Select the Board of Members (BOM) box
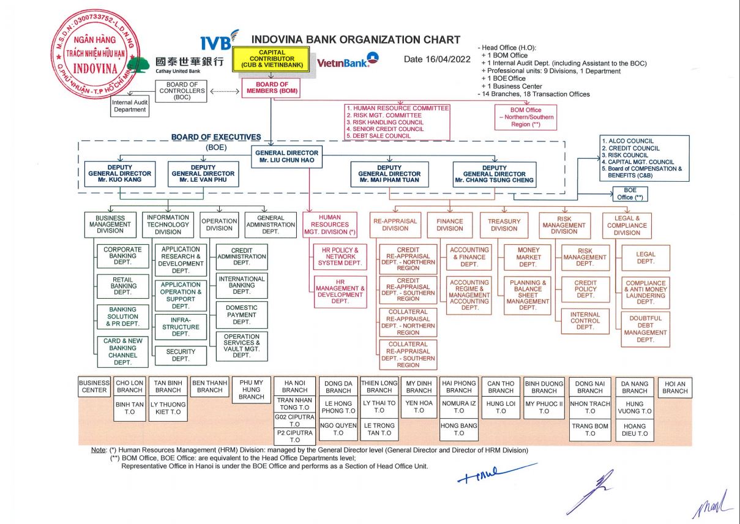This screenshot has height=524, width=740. click(x=272, y=88)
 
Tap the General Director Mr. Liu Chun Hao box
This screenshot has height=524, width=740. click(x=286, y=157)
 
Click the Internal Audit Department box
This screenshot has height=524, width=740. click(x=130, y=107)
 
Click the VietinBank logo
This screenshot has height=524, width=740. click(x=348, y=61)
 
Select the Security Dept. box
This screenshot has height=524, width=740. click(x=181, y=355)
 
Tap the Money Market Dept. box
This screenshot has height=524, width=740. click(x=528, y=257)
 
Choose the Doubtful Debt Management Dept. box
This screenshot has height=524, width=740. click(x=645, y=329)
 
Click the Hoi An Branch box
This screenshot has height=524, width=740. click(x=675, y=387)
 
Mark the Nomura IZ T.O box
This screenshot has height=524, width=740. click(x=459, y=407)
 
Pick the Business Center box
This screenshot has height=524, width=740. click(x=94, y=386)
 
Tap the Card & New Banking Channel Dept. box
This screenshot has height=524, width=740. click(x=122, y=351)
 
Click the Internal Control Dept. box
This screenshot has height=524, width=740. click(x=585, y=321)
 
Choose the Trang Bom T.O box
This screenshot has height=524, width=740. click(x=590, y=430)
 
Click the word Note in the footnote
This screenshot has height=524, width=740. click(x=98, y=450)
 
